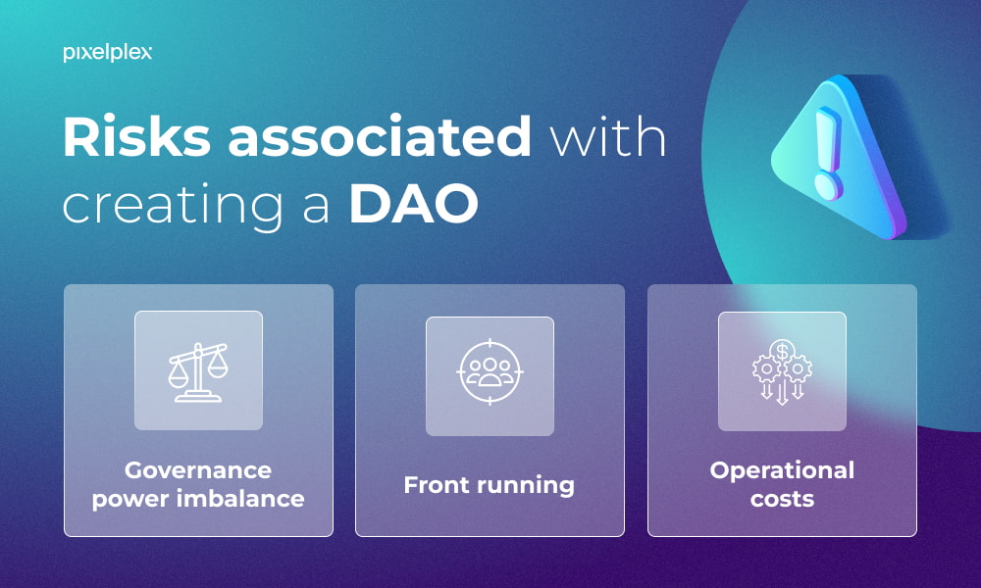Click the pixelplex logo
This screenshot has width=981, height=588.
(x=108, y=53)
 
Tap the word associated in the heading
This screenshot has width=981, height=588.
(x=380, y=135)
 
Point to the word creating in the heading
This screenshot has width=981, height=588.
(x=173, y=206)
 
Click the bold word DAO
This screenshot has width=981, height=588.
(x=414, y=203)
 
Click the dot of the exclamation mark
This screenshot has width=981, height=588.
(x=828, y=186)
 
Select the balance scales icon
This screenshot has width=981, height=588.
(x=198, y=371)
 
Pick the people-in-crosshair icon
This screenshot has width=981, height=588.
(x=490, y=371)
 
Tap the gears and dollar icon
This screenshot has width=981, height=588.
(x=782, y=371)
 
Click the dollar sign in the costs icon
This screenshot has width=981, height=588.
(x=782, y=351)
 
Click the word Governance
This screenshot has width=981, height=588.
(x=198, y=469)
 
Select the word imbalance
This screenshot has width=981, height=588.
(x=240, y=499)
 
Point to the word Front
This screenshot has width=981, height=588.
(x=433, y=485)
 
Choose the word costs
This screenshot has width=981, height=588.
(x=782, y=499)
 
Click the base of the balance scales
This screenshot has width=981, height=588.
(x=198, y=398)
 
